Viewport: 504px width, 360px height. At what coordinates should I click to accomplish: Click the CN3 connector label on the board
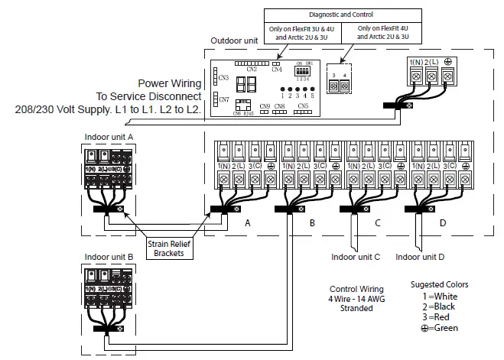pos(223,77)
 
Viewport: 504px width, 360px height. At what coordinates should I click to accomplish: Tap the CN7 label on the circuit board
pos(223,99)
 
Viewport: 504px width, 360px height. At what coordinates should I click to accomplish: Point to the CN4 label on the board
pos(276,70)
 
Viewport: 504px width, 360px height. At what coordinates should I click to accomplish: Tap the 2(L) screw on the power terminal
pos(431,77)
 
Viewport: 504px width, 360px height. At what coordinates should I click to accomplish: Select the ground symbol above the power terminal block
pos(448,61)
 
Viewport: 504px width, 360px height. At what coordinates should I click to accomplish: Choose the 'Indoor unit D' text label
pos(421,257)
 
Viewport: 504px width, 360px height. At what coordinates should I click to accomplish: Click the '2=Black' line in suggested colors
pos(439,304)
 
